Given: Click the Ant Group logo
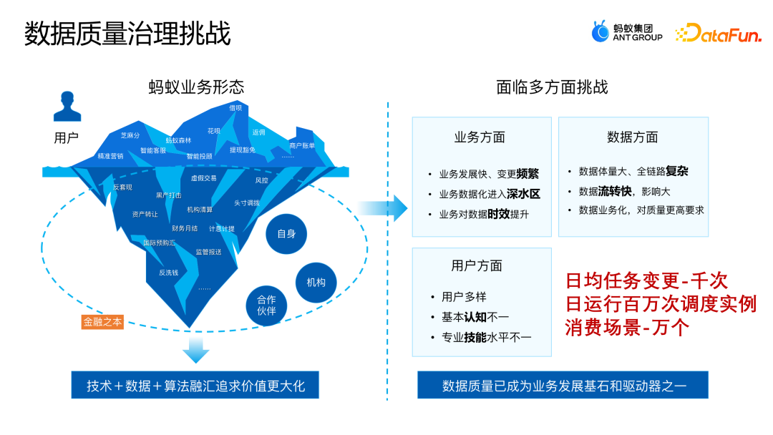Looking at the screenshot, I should [x=626, y=32].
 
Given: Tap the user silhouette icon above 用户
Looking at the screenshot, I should [x=67, y=108].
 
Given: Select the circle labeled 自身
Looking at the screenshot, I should [x=286, y=234].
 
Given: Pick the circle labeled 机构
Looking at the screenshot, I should [x=316, y=282].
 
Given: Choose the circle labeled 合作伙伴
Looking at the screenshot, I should [x=266, y=308].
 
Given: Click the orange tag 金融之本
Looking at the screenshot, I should [x=102, y=322].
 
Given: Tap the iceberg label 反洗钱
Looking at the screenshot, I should [x=169, y=273].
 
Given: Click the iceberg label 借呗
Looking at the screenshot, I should [x=235, y=108].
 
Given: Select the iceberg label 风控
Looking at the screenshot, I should [x=262, y=180].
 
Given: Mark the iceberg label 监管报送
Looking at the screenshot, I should [x=208, y=252].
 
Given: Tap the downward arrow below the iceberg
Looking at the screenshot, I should [x=195, y=350].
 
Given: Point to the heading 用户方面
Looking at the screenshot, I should [x=477, y=265].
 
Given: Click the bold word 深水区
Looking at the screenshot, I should [x=523, y=194].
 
